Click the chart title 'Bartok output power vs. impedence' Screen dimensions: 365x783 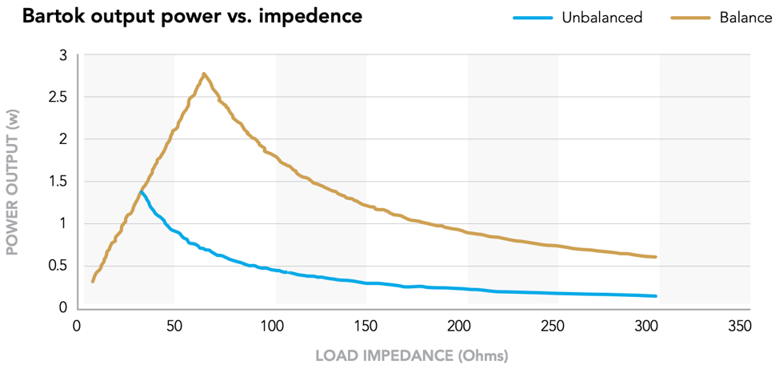tap(192, 17)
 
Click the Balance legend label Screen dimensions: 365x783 tap(745, 18)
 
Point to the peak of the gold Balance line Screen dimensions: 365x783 tap(204, 74)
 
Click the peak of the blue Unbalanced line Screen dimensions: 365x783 tap(142, 191)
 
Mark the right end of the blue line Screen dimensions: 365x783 tap(656, 296)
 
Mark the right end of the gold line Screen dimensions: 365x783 tap(656, 257)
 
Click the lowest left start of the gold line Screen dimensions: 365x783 tap(93, 281)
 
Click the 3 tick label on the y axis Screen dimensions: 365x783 tap(63, 55)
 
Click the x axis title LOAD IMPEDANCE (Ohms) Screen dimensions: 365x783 tap(412, 355)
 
